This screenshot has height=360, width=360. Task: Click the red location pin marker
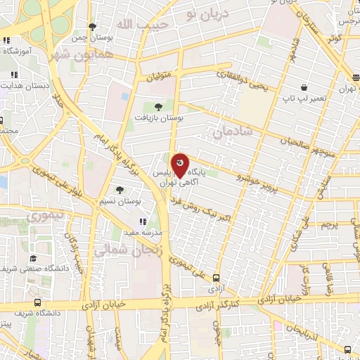(x=181, y=164)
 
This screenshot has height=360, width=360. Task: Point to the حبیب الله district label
(x=134, y=25)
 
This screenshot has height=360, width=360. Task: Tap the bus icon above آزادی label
(x=217, y=277)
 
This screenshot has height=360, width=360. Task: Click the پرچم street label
(x=330, y=226)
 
